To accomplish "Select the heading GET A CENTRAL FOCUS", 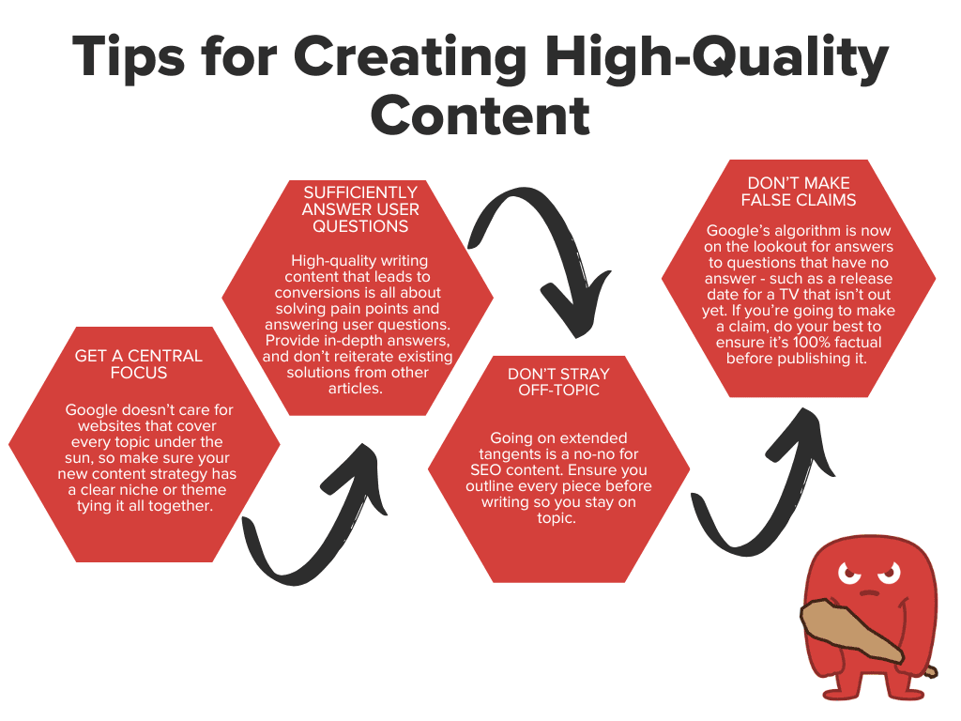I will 139,365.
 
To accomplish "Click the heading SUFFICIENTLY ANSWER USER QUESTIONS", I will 360,209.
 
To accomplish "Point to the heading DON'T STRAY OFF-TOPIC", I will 558,383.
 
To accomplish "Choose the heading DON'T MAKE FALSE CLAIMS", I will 799,192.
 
